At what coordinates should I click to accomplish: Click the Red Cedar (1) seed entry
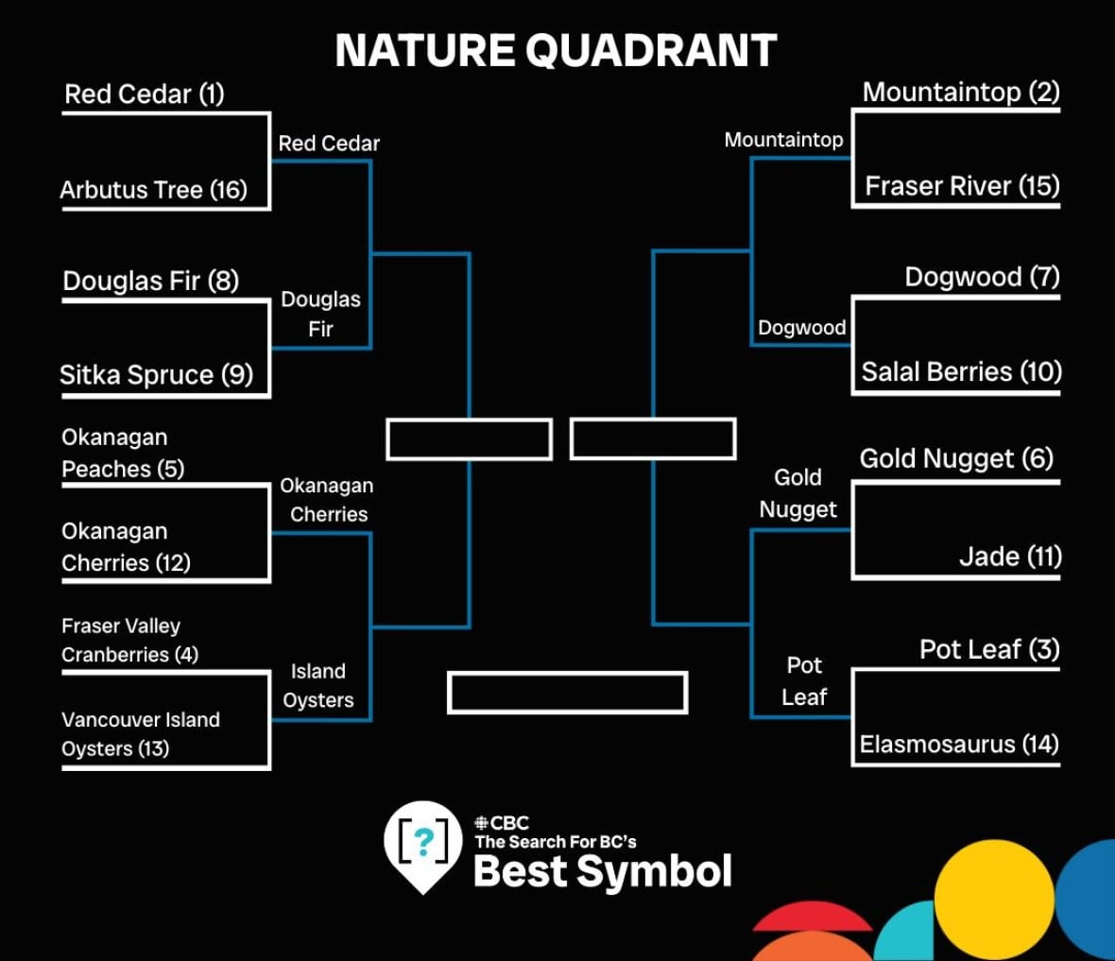coord(145,94)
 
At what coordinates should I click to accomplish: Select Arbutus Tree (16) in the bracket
coord(154,190)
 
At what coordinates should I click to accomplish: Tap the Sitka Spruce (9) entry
coord(157,375)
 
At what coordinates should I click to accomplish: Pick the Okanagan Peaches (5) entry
coord(123,454)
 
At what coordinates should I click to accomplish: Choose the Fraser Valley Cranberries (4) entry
coord(130,640)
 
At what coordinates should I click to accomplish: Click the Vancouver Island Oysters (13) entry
coord(141,734)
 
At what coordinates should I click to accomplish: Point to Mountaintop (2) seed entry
coord(961,92)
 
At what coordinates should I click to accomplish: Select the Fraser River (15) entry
coord(962,186)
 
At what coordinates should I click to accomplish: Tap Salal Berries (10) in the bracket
coord(961,372)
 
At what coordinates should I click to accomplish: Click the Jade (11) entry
coord(1010,557)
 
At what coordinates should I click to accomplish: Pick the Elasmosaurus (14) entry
coord(959,744)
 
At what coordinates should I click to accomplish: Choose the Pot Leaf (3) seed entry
coord(989,649)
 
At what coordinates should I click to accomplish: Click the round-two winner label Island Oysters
coord(317,686)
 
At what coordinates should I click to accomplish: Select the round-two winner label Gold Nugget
coord(798,493)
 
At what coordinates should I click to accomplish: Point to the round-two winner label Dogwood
coord(802,328)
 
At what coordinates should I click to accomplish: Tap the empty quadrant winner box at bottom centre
coord(568,692)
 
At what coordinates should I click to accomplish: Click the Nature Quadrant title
coord(556,50)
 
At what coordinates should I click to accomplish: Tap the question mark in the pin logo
coord(424,842)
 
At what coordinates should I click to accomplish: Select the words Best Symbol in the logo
coord(602,871)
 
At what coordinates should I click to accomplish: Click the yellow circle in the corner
coord(993,900)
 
